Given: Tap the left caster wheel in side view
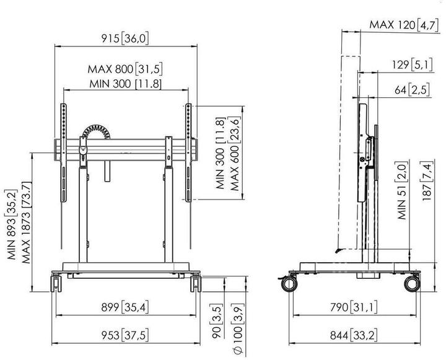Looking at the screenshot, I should click(290, 283).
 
